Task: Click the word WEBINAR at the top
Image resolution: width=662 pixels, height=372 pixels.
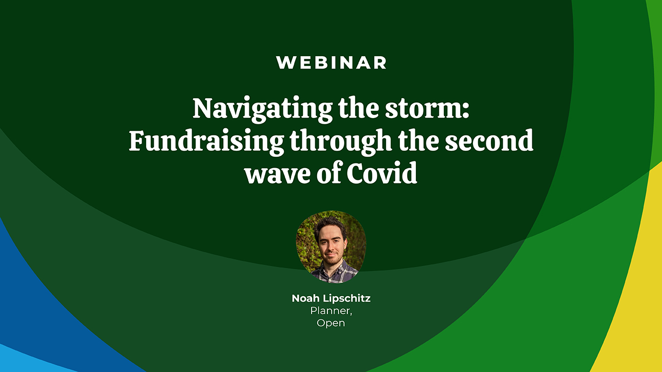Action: coord(331,63)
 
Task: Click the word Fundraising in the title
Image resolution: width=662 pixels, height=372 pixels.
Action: coord(206,142)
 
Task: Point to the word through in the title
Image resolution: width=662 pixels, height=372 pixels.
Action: coord(341,142)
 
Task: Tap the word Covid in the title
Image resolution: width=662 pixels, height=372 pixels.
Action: coord(382,173)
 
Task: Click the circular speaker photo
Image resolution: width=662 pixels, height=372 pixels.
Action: coord(331,247)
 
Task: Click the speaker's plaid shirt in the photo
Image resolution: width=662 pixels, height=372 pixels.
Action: coord(334,273)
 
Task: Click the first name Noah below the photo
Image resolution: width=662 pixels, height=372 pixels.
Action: coord(305,298)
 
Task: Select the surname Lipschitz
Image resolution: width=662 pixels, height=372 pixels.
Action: coord(346,299)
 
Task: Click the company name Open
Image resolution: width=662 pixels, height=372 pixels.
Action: coord(330,323)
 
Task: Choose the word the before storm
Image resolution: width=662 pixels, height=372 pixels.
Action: coord(359,108)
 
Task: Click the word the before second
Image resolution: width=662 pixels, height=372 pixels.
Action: coord(418,141)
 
